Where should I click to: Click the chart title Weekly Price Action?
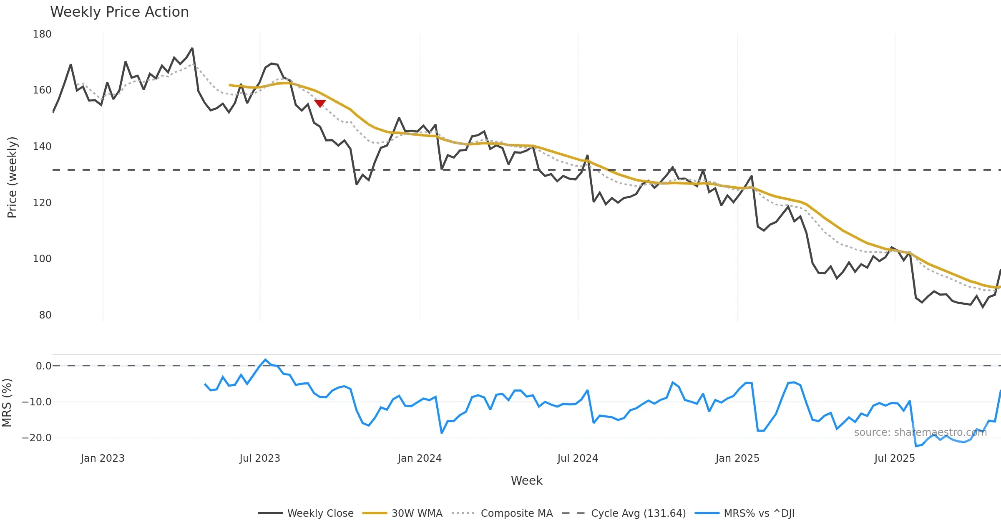point(119,12)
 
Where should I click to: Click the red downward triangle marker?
point(320,104)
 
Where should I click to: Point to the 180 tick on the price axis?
point(42,34)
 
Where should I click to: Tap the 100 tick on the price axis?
point(42,259)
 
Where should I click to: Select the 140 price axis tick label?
point(42,147)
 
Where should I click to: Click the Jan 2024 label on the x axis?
point(420,458)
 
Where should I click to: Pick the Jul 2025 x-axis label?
point(895,458)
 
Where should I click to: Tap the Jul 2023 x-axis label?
point(260,458)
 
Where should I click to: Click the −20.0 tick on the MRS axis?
point(37,438)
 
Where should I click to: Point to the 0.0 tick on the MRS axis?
point(43,366)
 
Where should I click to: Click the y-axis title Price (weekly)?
point(13,177)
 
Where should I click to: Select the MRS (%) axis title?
point(7,403)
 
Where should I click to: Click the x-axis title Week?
point(526,481)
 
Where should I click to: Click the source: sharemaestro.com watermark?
point(920,432)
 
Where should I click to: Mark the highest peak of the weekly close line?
point(192,48)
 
